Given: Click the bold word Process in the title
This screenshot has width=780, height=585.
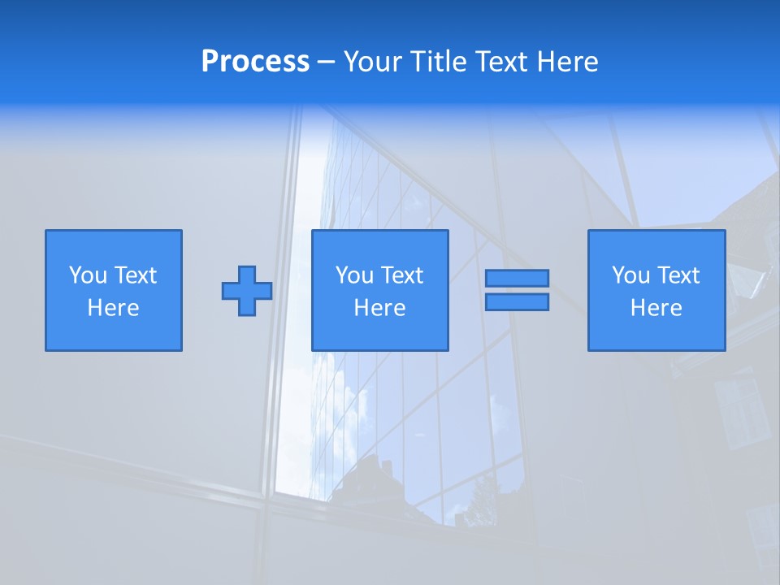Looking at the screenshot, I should coord(255,62).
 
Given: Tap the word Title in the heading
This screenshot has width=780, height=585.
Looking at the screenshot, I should coord(439,62).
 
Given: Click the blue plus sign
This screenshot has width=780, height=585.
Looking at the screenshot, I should coord(247,291).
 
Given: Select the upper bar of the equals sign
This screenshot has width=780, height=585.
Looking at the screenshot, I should coord(517,278).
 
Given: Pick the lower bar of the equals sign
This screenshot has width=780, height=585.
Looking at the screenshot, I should coord(517,302).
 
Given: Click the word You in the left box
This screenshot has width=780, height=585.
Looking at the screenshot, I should coord(88,275).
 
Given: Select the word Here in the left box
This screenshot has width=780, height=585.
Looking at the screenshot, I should coord(114,308).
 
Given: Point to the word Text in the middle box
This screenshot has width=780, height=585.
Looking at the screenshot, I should coord(402,275).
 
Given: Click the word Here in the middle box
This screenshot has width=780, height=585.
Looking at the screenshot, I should coord(380,308).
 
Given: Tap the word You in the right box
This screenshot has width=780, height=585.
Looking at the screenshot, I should coord(630,275).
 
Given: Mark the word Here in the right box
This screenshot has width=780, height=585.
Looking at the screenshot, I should coord(656,308).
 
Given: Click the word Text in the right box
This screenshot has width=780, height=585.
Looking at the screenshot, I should coord(678,275).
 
